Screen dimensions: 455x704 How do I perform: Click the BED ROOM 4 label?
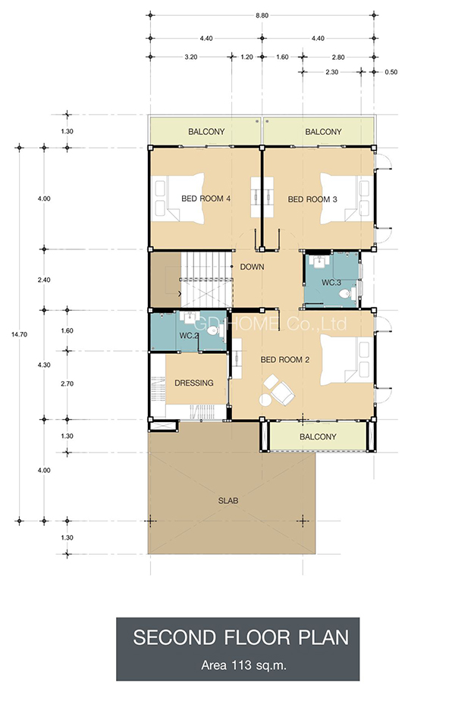(x=206, y=199)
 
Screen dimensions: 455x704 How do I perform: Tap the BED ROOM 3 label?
(x=312, y=199)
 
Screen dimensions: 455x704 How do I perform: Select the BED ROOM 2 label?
(x=285, y=360)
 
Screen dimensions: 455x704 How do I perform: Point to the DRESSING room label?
(x=194, y=383)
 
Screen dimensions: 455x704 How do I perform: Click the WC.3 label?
(x=331, y=283)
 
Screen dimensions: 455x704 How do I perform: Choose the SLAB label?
(x=228, y=501)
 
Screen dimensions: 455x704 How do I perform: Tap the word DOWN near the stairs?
(x=252, y=267)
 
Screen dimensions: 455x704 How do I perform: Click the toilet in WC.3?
(x=345, y=294)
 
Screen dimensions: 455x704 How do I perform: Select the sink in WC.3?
(x=320, y=261)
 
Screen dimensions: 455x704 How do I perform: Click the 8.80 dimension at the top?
(x=262, y=15)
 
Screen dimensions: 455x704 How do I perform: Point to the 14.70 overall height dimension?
(x=19, y=334)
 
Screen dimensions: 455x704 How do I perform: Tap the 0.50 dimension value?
(x=391, y=72)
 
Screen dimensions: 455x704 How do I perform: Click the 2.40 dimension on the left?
(x=44, y=280)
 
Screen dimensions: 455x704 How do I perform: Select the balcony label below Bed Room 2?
(x=318, y=436)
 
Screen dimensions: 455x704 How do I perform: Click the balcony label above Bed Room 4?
(x=206, y=132)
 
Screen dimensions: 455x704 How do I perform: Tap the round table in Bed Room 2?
(x=265, y=399)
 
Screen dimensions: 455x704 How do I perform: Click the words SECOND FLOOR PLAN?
(x=240, y=637)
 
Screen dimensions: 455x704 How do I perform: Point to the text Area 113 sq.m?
(x=243, y=665)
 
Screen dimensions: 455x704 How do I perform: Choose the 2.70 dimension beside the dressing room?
(x=67, y=384)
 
